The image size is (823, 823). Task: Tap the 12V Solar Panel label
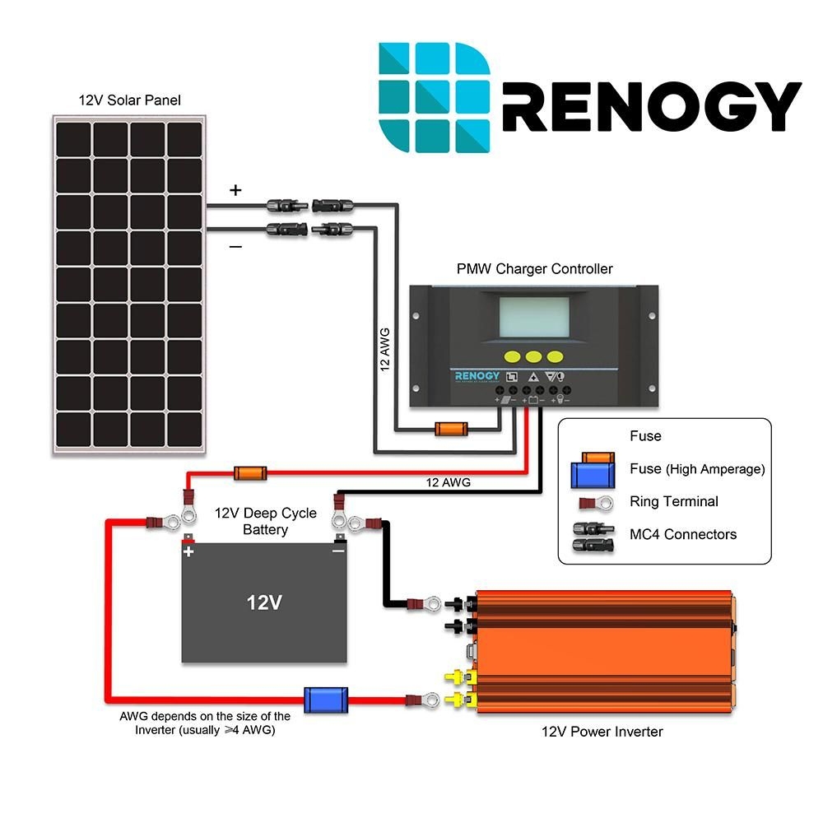pyautogui.click(x=130, y=100)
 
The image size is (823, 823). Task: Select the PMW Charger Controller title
pyautogui.click(x=535, y=269)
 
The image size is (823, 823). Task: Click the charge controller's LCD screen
pyautogui.click(x=535, y=318)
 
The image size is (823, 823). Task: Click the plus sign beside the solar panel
pyautogui.click(x=236, y=191)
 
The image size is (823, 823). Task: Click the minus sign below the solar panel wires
pyautogui.click(x=235, y=246)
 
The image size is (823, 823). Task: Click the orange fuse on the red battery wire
pyautogui.click(x=250, y=473)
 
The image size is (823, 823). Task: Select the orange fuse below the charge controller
pyautogui.click(x=450, y=429)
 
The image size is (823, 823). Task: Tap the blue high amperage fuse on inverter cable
pyautogui.click(x=326, y=700)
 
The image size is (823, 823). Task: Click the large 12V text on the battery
pyautogui.click(x=264, y=602)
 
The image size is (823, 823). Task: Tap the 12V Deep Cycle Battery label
pyautogui.click(x=265, y=521)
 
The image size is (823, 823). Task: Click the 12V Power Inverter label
pyautogui.click(x=602, y=731)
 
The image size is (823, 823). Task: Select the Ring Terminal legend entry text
pyautogui.click(x=673, y=501)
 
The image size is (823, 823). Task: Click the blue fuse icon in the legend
pyautogui.click(x=593, y=475)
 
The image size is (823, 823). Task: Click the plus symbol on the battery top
pyautogui.click(x=189, y=551)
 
